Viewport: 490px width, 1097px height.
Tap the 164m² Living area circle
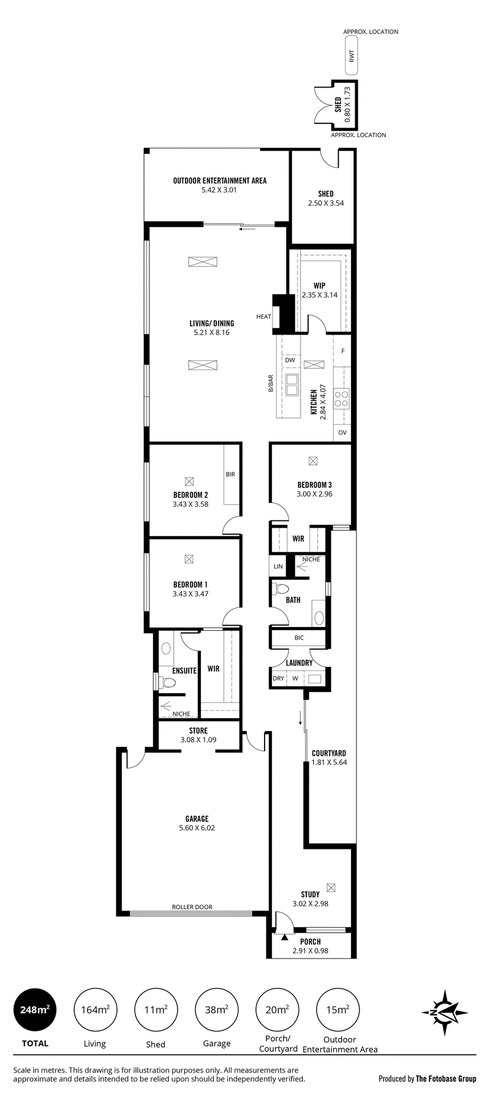click(95, 1009)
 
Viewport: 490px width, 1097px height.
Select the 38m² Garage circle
click(217, 1009)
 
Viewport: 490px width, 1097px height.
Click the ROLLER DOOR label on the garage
click(192, 907)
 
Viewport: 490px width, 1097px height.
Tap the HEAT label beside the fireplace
click(263, 316)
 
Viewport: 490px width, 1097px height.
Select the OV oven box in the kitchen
click(342, 433)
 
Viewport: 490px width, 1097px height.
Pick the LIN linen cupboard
click(278, 566)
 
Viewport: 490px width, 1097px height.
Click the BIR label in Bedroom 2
click(230, 474)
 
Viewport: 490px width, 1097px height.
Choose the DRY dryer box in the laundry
click(278, 678)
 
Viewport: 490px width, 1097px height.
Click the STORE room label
click(198, 731)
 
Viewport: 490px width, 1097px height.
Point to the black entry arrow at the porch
click(284, 938)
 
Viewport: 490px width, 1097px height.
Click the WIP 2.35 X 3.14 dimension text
click(320, 295)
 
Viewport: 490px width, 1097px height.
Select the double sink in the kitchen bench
click(291, 384)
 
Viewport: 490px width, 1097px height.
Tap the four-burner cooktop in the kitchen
click(342, 399)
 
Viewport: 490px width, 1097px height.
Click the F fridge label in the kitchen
click(343, 351)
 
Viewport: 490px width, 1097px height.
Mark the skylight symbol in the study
click(331, 887)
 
